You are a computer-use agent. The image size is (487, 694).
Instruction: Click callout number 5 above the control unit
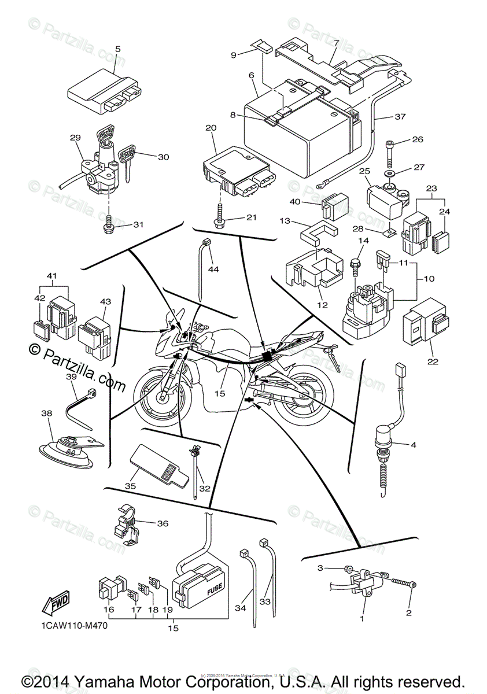point(117,49)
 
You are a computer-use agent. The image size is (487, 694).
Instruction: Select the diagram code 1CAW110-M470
point(76,625)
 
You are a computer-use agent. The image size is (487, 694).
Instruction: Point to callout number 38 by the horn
point(46,414)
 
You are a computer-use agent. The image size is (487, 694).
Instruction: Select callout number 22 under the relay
point(433,362)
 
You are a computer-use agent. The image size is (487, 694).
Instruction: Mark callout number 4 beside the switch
point(430,445)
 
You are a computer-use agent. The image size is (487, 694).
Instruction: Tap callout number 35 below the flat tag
point(130,486)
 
